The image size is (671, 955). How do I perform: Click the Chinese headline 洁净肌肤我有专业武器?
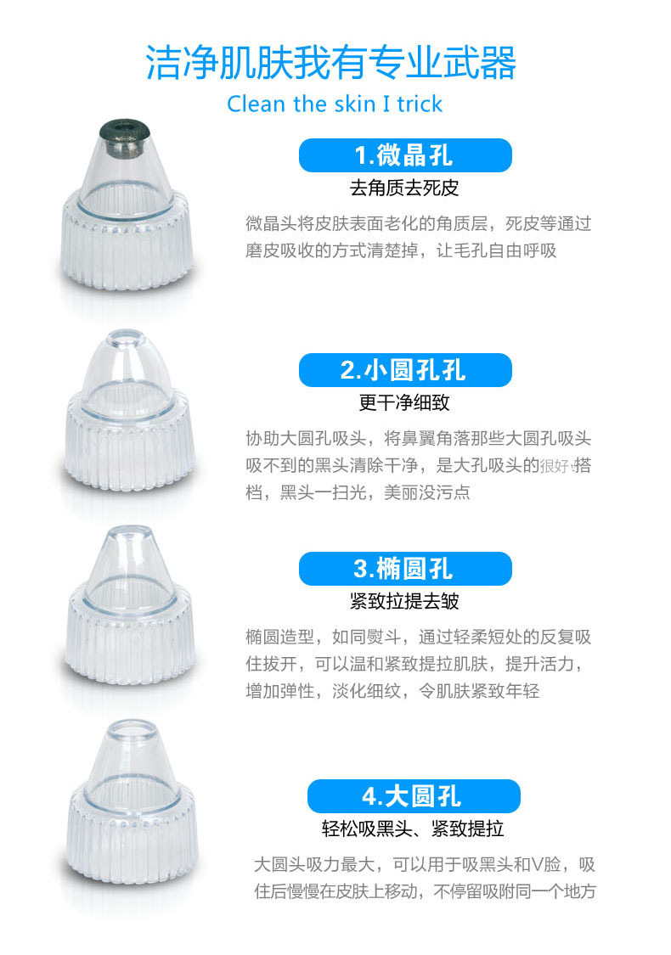pyautogui.click(x=331, y=62)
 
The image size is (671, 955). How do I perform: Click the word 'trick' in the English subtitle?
pyautogui.click(x=420, y=104)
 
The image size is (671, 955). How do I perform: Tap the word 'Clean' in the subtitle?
pyautogui.click(x=256, y=104)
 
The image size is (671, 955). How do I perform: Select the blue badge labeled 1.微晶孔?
pyautogui.click(x=405, y=155)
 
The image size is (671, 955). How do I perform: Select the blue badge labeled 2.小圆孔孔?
pyautogui.click(x=405, y=370)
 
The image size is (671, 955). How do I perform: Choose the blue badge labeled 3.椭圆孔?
pyautogui.click(x=405, y=569)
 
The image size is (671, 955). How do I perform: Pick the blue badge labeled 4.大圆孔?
pyautogui.click(x=414, y=796)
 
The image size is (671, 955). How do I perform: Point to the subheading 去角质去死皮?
pyautogui.click(x=404, y=188)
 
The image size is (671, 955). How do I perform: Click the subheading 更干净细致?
pyautogui.click(x=404, y=402)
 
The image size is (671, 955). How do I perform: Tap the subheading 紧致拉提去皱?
pyautogui.click(x=404, y=601)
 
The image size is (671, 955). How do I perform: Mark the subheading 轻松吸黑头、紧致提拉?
pyautogui.click(x=413, y=829)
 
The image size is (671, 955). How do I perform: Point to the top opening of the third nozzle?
pyautogui.click(x=130, y=534)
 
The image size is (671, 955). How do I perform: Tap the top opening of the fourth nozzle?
pyautogui.click(x=133, y=727)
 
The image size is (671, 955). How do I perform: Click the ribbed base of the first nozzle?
pyautogui.click(x=127, y=244)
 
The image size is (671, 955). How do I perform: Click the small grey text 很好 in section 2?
pyautogui.click(x=555, y=467)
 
